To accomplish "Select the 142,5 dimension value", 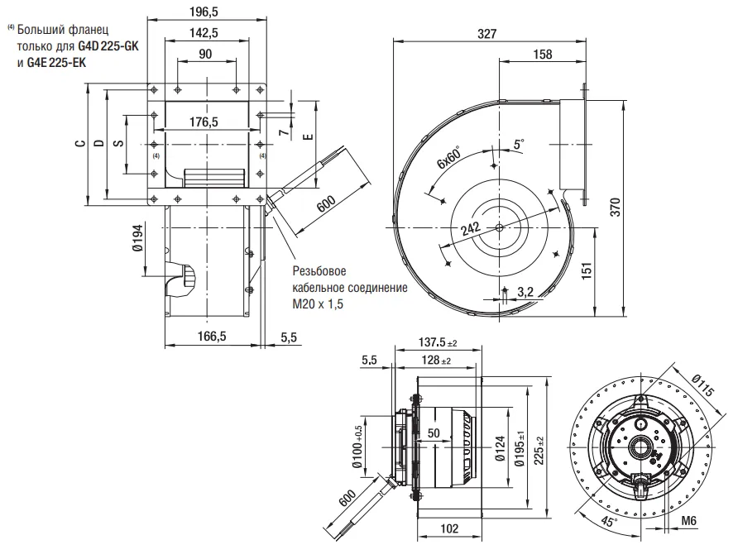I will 204,33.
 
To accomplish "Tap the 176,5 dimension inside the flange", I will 204,122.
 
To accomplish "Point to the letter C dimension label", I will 79,143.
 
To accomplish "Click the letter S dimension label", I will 118,143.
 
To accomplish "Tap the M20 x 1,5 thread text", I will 318,304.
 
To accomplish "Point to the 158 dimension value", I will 543,55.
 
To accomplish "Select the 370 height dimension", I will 614,208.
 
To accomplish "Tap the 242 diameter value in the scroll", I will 470,230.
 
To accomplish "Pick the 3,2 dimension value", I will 525,291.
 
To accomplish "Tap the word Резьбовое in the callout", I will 319,272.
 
